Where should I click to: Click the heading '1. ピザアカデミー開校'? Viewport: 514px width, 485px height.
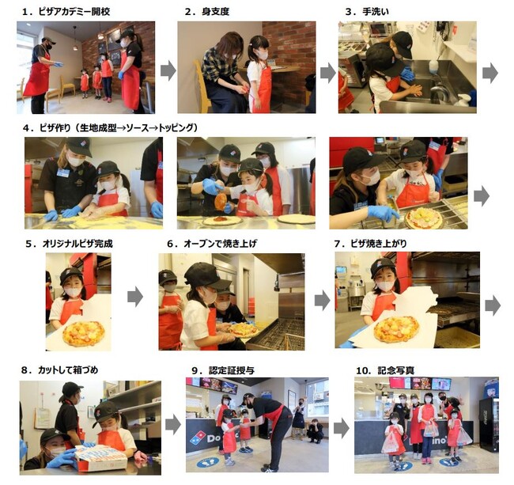tap(66, 12)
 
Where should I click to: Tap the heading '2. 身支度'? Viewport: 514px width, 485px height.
tap(207, 12)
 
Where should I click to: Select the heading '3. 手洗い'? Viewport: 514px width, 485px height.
tap(367, 12)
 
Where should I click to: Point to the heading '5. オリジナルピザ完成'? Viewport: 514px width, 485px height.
tap(69, 244)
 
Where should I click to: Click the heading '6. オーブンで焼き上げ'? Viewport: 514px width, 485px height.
tap(212, 244)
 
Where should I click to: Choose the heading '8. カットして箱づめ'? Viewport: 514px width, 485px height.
tap(59, 370)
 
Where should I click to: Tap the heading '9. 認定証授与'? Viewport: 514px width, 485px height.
tap(223, 370)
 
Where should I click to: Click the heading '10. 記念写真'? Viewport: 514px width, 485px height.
tap(385, 370)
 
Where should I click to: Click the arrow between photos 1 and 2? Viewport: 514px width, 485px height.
tap(168, 71)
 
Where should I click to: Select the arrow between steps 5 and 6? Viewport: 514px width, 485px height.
tap(135, 297)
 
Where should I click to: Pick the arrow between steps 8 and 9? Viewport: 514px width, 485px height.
tap(172, 424)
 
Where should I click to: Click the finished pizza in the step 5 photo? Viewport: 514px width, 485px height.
tap(84, 334)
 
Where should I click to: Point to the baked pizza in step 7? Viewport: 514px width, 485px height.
tap(396, 329)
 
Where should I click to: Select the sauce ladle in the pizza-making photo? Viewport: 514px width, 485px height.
tap(221, 200)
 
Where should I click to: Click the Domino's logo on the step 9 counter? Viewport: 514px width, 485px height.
tap(198, 437)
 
